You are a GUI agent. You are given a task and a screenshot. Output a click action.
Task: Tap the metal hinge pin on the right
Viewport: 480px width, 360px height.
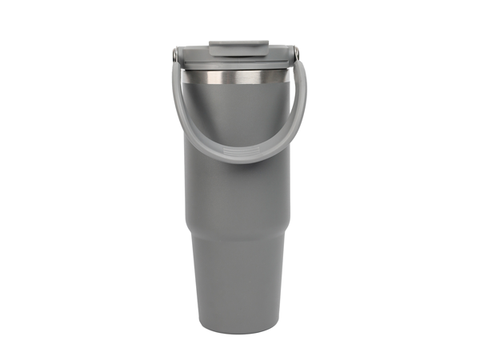point(296,54)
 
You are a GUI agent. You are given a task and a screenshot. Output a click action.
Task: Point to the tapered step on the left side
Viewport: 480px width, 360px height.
point(190,226)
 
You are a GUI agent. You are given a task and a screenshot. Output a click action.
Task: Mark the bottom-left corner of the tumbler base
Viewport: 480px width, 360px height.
point(201,327)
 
